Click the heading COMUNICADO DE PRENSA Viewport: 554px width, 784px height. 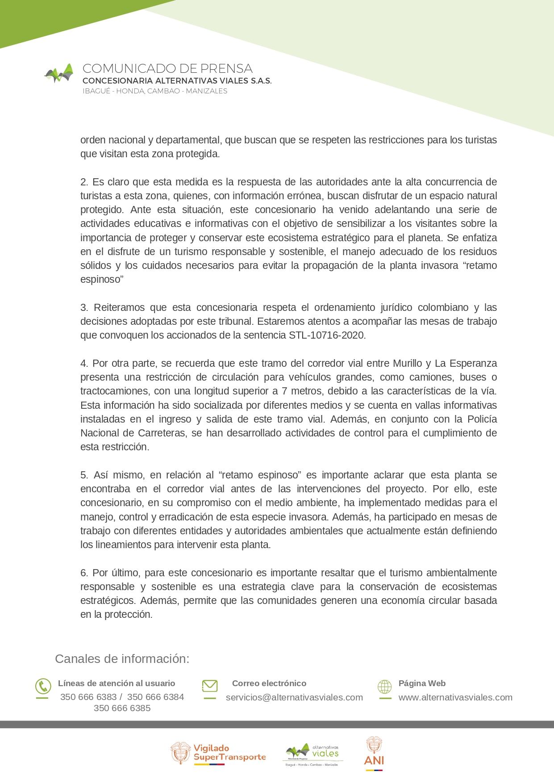tap(167, 69)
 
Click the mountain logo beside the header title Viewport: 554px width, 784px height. tap(59, 73)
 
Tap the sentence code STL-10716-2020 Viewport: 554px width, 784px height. tap(327, 335)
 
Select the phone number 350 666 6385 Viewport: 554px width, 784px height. tap(122, 708)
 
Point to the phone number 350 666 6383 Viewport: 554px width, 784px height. tap(88, 697)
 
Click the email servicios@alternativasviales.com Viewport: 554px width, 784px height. tap(294, 697)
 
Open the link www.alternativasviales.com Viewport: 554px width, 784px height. tap(455, 697)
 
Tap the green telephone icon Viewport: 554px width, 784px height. tap(43, 686)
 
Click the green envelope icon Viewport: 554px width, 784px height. tap(209, 686)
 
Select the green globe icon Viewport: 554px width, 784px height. tap(384, 686)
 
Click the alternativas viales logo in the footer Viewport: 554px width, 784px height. tap(312, 754)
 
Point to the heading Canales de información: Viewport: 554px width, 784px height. tap(122, 658)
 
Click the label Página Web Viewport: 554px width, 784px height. tap(422, 683)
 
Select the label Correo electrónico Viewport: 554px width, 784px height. tap(269, 683)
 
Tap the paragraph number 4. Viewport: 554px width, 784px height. tap(84, 363)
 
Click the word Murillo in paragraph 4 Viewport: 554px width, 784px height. tap(408, 363)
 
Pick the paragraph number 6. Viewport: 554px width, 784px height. tap(84, 573)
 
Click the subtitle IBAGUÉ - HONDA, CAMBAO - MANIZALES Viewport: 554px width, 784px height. tap(155, 91)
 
